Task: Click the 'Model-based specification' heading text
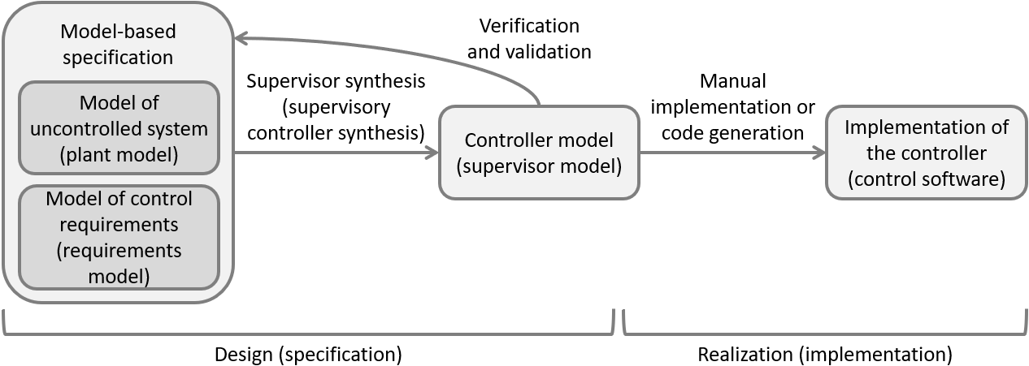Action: [118, 45]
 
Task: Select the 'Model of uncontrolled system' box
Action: [119, 127]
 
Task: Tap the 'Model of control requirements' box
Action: [119, 237]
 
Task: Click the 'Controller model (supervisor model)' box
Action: [538, 153]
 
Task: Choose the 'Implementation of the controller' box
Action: [926, 153]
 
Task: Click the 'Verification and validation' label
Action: [529, 38]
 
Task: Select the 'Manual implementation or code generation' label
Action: [732, 106]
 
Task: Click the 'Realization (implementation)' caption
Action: [824, 355]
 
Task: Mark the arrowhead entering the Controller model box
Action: [431, 152]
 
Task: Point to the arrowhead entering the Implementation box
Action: [818, 152]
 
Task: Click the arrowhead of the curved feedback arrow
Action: [241, 37]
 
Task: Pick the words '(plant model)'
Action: [119, 151]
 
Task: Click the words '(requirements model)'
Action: [119, 263]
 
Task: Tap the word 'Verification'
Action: [529, 25]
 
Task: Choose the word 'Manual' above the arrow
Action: [732, 81]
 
